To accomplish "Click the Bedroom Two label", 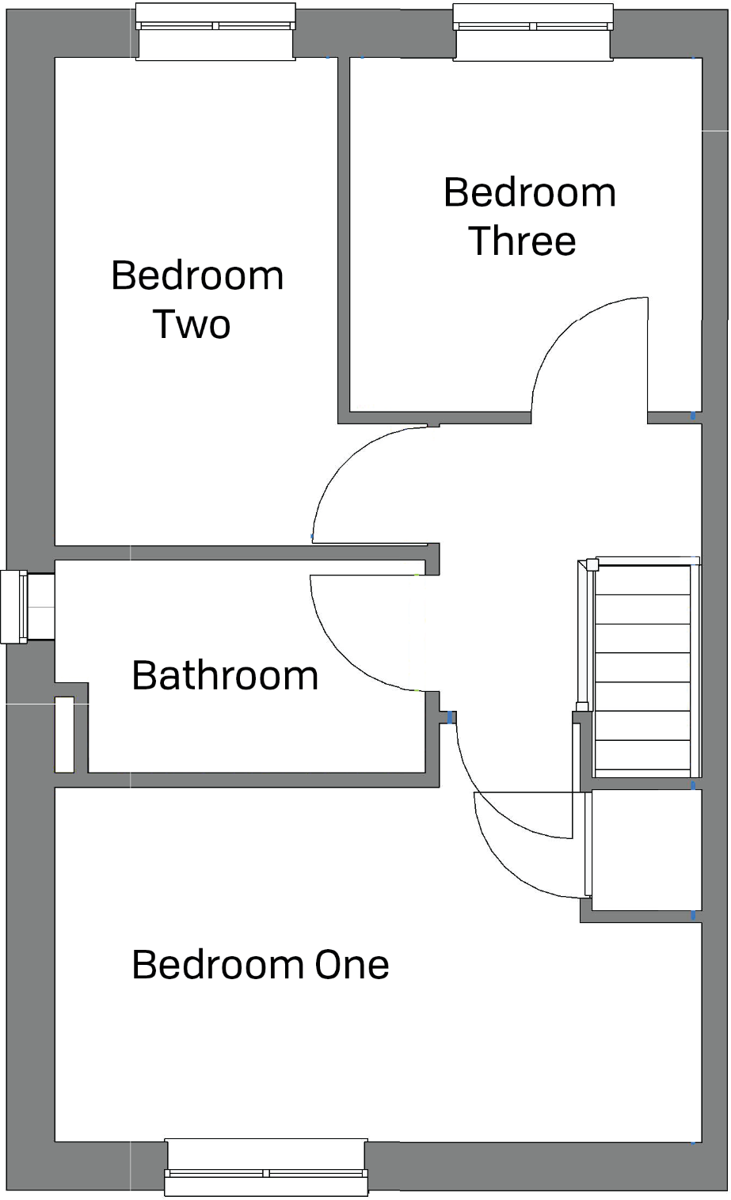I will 197,299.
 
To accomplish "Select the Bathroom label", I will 225,675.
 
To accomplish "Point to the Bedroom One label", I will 260,965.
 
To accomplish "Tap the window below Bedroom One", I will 266,1168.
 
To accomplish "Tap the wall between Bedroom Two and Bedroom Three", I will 344,237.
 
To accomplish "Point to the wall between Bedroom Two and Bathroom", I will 238,553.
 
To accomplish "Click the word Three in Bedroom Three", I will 523,241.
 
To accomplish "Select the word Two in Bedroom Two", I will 191,325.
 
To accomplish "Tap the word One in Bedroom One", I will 352,965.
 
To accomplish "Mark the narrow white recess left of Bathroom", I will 65,735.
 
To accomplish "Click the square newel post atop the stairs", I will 592,564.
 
